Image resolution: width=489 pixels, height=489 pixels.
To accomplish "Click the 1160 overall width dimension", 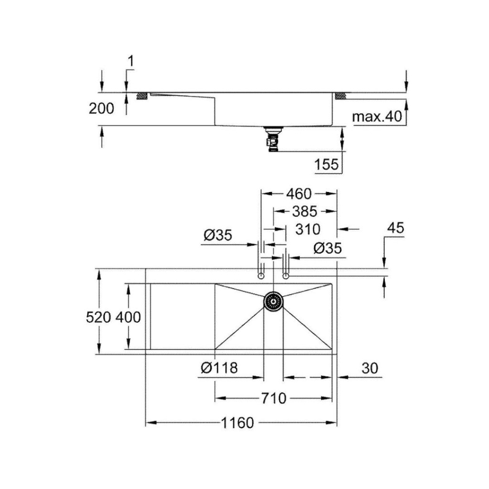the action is (x=237, y=423).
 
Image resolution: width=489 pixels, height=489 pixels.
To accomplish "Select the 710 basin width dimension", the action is (x=274, y=398).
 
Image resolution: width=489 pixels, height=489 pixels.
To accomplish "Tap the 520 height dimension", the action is (x=98, y=318).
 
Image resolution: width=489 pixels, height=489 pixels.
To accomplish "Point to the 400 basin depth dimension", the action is (x=128, y=318).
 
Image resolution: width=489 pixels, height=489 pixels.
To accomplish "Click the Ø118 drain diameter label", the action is (x=219, y=368).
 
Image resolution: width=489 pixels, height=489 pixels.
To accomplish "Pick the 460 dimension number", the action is (x=299, y=194).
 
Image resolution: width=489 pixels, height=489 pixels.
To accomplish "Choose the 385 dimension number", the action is (x=304, y=212).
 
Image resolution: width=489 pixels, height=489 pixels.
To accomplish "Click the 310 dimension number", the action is (x=308, y=230).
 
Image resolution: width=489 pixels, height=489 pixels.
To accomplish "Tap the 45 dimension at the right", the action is (x=395, y=228).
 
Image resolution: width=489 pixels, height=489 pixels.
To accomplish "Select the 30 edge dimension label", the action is (x=370, y=368).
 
